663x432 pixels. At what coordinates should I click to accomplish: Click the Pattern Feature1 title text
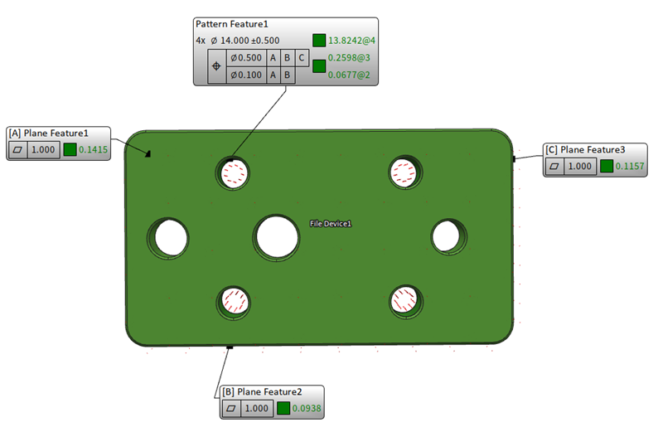click(232, 25)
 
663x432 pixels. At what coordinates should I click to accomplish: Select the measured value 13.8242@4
click(352, 40)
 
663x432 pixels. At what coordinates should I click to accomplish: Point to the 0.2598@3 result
click(350, 60)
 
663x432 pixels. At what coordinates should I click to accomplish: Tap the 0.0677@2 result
click(350, 76)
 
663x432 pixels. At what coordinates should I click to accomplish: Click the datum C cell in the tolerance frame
click(302, 59)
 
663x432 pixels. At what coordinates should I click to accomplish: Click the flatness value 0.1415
click(94, 149)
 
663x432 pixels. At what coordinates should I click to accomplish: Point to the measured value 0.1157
click(630, 166)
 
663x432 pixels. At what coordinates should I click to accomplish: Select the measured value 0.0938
click(307, 408)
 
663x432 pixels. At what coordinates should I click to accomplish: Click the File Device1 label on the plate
click(331, 224)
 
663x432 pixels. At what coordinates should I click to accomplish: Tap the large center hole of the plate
click(277, 236)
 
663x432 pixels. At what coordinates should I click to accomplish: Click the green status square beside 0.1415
click(70, 149)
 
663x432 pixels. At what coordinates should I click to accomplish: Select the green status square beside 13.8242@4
click(319, 40)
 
